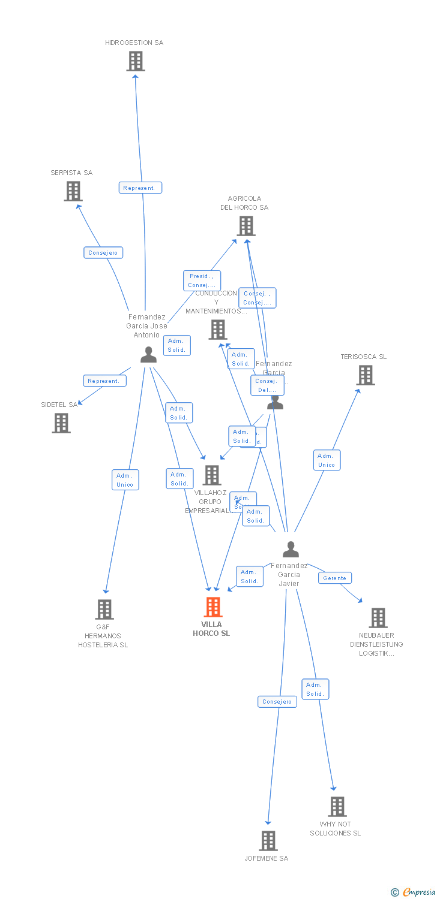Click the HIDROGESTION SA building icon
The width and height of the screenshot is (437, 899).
pos(136,61)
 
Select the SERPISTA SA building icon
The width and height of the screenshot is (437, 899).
pos(73,191)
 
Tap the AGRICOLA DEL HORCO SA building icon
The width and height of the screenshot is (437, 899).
pos(246,226)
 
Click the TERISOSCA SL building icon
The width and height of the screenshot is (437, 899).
pos(365,375)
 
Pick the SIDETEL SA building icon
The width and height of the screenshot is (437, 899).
pos(61,423)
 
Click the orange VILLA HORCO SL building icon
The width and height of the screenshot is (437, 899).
pos(212,607)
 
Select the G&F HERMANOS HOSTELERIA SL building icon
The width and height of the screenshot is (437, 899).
pos(104,610)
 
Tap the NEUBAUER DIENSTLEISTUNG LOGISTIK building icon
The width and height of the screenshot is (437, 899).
pos(378,618)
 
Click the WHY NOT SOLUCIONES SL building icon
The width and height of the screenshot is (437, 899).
pos(337,807)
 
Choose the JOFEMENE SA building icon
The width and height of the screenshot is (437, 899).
pos(268,841)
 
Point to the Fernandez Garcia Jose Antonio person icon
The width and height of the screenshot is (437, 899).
pos(148,355)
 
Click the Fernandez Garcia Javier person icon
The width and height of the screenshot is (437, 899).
pos(291,550)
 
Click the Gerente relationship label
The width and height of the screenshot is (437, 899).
pos(334,578)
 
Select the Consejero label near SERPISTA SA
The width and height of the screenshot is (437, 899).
pos(103,252)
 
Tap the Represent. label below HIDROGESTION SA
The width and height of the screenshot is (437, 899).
pos(140,188)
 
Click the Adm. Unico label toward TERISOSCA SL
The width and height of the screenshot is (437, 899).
pos(327,460)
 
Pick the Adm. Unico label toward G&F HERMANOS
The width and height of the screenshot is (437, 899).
pos(125,479)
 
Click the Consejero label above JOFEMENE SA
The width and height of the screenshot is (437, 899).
pos(277,701)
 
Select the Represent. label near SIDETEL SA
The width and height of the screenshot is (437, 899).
pos(104,381)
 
